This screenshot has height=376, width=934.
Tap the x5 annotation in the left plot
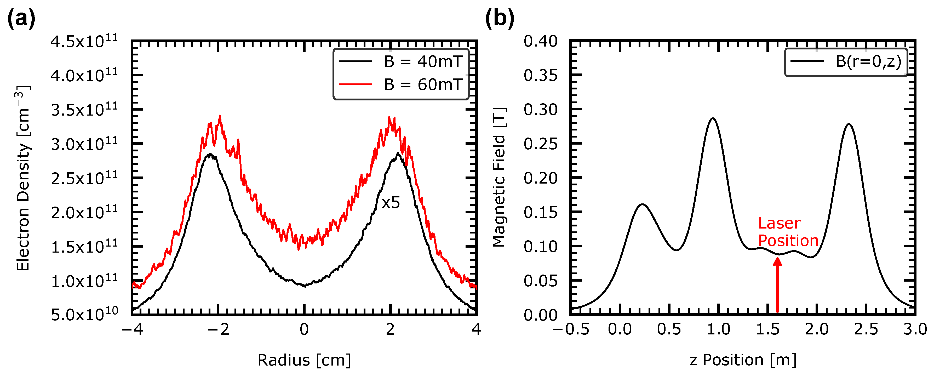click(391, 203)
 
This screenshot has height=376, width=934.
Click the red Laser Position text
click(788, 232)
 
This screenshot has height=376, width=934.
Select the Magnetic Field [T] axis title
click(499, 177)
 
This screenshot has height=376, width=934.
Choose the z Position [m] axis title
click(743, 360)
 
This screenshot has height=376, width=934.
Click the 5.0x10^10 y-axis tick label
click(84, 314)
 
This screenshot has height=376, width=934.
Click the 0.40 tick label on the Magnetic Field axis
click(540, 41)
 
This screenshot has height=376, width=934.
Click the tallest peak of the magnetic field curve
click(713, 118)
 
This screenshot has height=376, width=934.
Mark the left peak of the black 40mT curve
click(210, 155)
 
